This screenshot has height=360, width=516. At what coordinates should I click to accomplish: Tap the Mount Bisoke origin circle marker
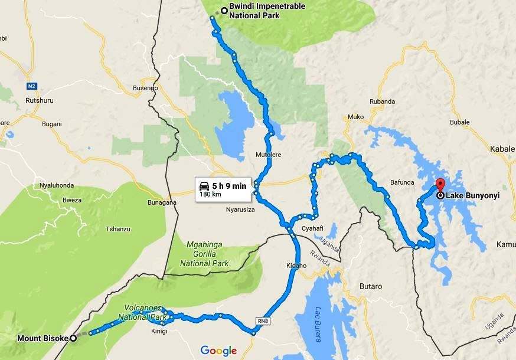73,338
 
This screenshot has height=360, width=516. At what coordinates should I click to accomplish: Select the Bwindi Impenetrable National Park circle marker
224,10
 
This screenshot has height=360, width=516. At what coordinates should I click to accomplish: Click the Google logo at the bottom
218,351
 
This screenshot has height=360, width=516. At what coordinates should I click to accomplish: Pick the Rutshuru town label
40,100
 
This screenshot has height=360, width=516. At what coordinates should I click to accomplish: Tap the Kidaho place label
296,266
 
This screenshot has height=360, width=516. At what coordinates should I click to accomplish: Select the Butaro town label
371,286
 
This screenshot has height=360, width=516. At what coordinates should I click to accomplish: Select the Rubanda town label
381,102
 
